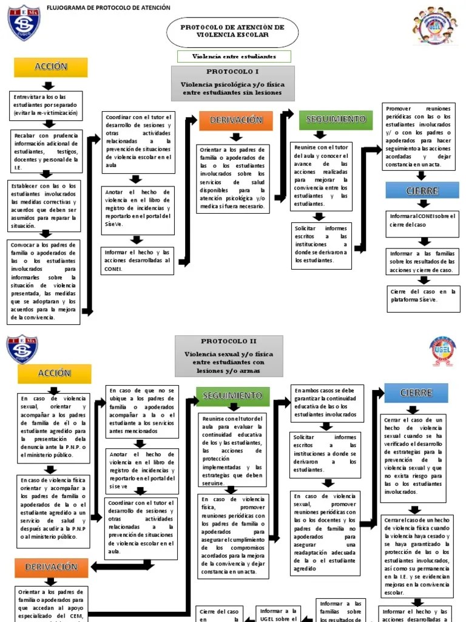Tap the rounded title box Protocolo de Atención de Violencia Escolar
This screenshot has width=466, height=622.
[x=232, y=32]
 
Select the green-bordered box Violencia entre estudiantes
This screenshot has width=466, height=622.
[x=234, y=56]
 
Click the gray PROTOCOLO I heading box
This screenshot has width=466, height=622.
[x=234, y=83]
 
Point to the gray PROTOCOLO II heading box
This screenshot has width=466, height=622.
[x=229, y=356]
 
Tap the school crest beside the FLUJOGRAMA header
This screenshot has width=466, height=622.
[x=24, y=23]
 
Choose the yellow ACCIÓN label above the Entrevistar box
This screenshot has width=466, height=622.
[x=51, y=67]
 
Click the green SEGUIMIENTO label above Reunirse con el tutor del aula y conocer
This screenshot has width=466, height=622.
[x=336, y=119]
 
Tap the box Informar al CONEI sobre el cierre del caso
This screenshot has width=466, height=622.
[x=423, y=224]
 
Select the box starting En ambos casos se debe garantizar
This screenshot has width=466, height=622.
[x=327, y=402]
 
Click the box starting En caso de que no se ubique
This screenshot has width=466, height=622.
[x=142, y=411]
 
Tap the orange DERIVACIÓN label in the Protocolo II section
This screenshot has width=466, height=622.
[x=51, y=567]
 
